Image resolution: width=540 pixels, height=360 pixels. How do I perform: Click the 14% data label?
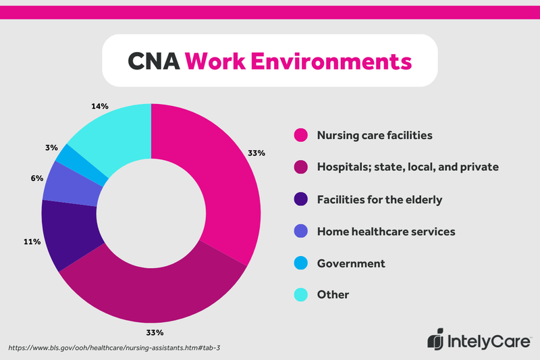pyautogui.click(x=100, y=107)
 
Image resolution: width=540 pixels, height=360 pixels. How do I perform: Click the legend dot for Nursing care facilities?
pyautogui.click(x=300, y=135)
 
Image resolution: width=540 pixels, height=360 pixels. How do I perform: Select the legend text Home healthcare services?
pyautogui.click(x=385, y=232)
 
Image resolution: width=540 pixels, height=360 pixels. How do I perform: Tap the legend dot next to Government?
pyautogui.click(x=300, y=263)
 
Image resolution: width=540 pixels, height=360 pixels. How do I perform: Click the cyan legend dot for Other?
pyautogui.click(x=300, y=295)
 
